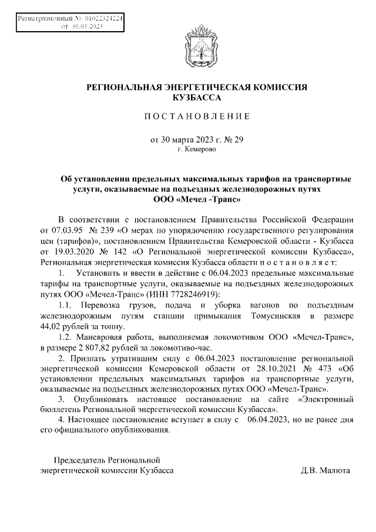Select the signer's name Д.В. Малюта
[325, 471]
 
